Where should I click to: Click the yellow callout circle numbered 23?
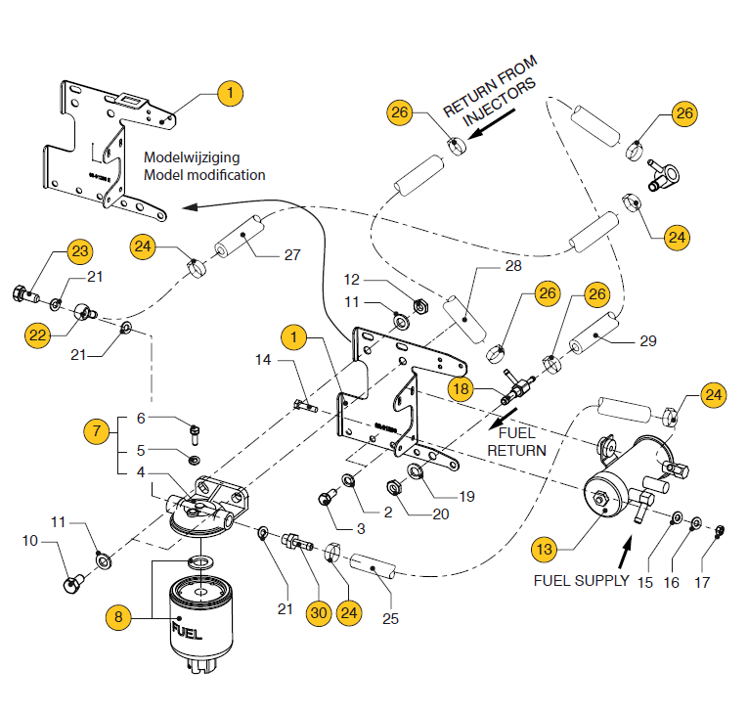(x=80, y=251)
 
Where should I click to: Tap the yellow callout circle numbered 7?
(x=95, y=430)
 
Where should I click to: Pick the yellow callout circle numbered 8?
(x=119, y=616)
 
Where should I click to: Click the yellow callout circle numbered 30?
(x=317, y=613)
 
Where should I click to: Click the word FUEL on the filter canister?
(x=187, y=630)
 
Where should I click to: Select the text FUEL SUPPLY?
(x=581, y=580)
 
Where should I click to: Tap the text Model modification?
(x=203, y=175)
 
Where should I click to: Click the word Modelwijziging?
(x=192, y=156)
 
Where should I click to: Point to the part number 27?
(x=291, y=256)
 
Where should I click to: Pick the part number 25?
(x=391, y=618)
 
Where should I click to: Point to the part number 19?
(x=466, y=496)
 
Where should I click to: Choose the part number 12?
(x=351, y=279)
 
